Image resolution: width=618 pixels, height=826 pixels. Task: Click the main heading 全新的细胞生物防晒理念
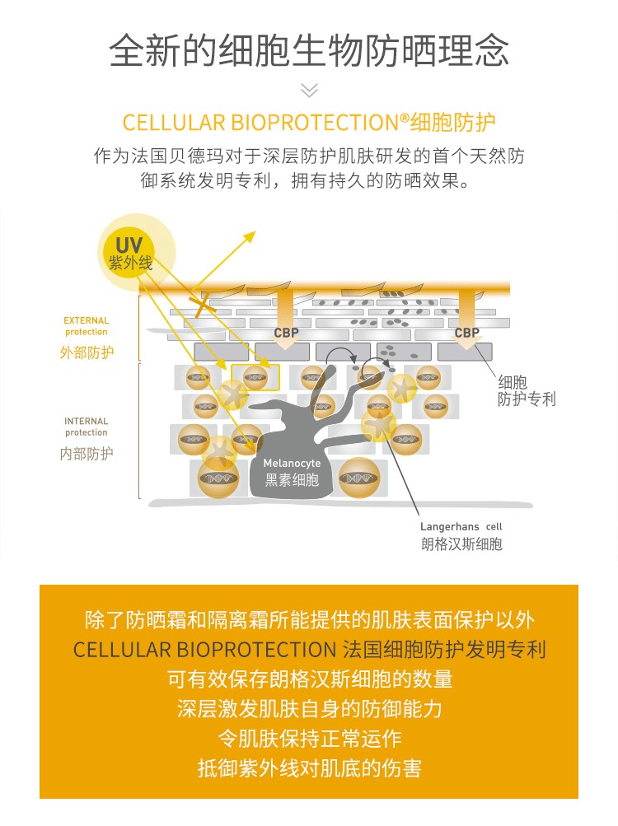(309, 51)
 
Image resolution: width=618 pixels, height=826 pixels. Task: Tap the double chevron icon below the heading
(309, 91)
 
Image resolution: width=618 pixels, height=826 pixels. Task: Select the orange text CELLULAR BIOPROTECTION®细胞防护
(309, 124)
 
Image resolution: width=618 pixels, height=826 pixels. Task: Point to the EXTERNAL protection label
(87, 326)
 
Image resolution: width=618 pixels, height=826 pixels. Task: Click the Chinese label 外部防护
(87, 352)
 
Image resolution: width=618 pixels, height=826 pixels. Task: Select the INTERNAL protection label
(87, 427)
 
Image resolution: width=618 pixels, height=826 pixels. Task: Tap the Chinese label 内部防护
(87, 454)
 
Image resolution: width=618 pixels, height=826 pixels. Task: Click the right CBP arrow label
(466, 333)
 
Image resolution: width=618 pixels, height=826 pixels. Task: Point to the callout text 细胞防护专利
(527, 390)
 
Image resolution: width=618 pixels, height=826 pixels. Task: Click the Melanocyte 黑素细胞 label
(293, 473)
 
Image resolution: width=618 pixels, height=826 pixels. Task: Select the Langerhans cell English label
(461, 526)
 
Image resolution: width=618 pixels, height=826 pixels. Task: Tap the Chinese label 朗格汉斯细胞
(461, 544)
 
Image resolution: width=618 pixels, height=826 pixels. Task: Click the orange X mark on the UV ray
(199, 306)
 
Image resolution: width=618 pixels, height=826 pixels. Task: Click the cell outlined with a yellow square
(255, 378)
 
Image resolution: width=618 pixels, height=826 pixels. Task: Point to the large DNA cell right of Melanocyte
(358, 478)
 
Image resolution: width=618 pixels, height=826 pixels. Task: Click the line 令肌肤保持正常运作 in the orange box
(309, 738)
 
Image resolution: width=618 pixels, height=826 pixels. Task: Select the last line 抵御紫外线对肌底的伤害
(309, 768)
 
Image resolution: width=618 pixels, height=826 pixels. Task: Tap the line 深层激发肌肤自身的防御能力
(309, 708)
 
